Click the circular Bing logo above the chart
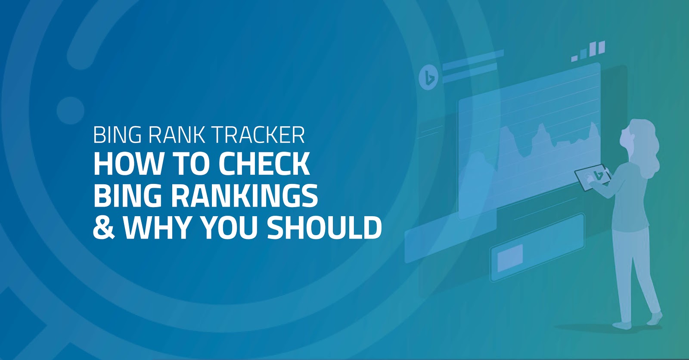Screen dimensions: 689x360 429,77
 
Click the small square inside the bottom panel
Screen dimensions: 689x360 510,258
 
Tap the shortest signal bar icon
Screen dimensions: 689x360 574,58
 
